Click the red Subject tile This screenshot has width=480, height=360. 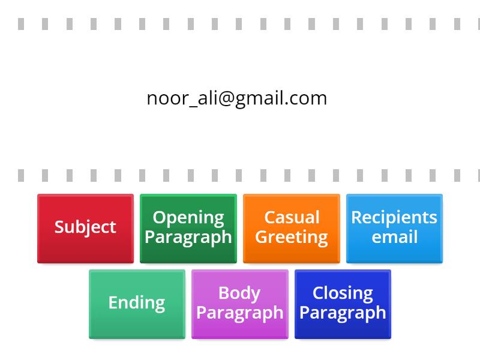[x=85, y=228]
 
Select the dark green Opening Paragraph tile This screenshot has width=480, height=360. [x=188, y=228]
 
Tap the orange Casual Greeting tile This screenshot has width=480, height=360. [x=292, y=228]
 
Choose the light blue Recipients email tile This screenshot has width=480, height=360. [x=394, y=228]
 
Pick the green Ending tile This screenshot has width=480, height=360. [x=137, y=304]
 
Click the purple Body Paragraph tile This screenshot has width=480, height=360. [x=240, y=304]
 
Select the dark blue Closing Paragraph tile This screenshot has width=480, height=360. [x=343, y=304]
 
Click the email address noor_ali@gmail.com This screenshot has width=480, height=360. [x=237, y=98]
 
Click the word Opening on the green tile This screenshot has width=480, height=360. [x=188, y=217]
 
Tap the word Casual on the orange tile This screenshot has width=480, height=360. [x=292, y=217]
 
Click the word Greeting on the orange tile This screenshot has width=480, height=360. [x=292, y=237]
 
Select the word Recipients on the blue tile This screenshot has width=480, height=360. [x=394, y=217]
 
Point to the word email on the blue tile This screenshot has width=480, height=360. [x=394, y=237]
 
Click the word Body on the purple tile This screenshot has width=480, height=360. [x=239, y=293]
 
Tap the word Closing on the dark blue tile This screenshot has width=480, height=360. [x=343, y=293]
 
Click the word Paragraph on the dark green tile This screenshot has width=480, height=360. [x=188, y=237]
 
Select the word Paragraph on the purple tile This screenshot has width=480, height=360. [x=240, y=313]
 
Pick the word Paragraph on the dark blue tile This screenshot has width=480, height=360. [x=343, y=313]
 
